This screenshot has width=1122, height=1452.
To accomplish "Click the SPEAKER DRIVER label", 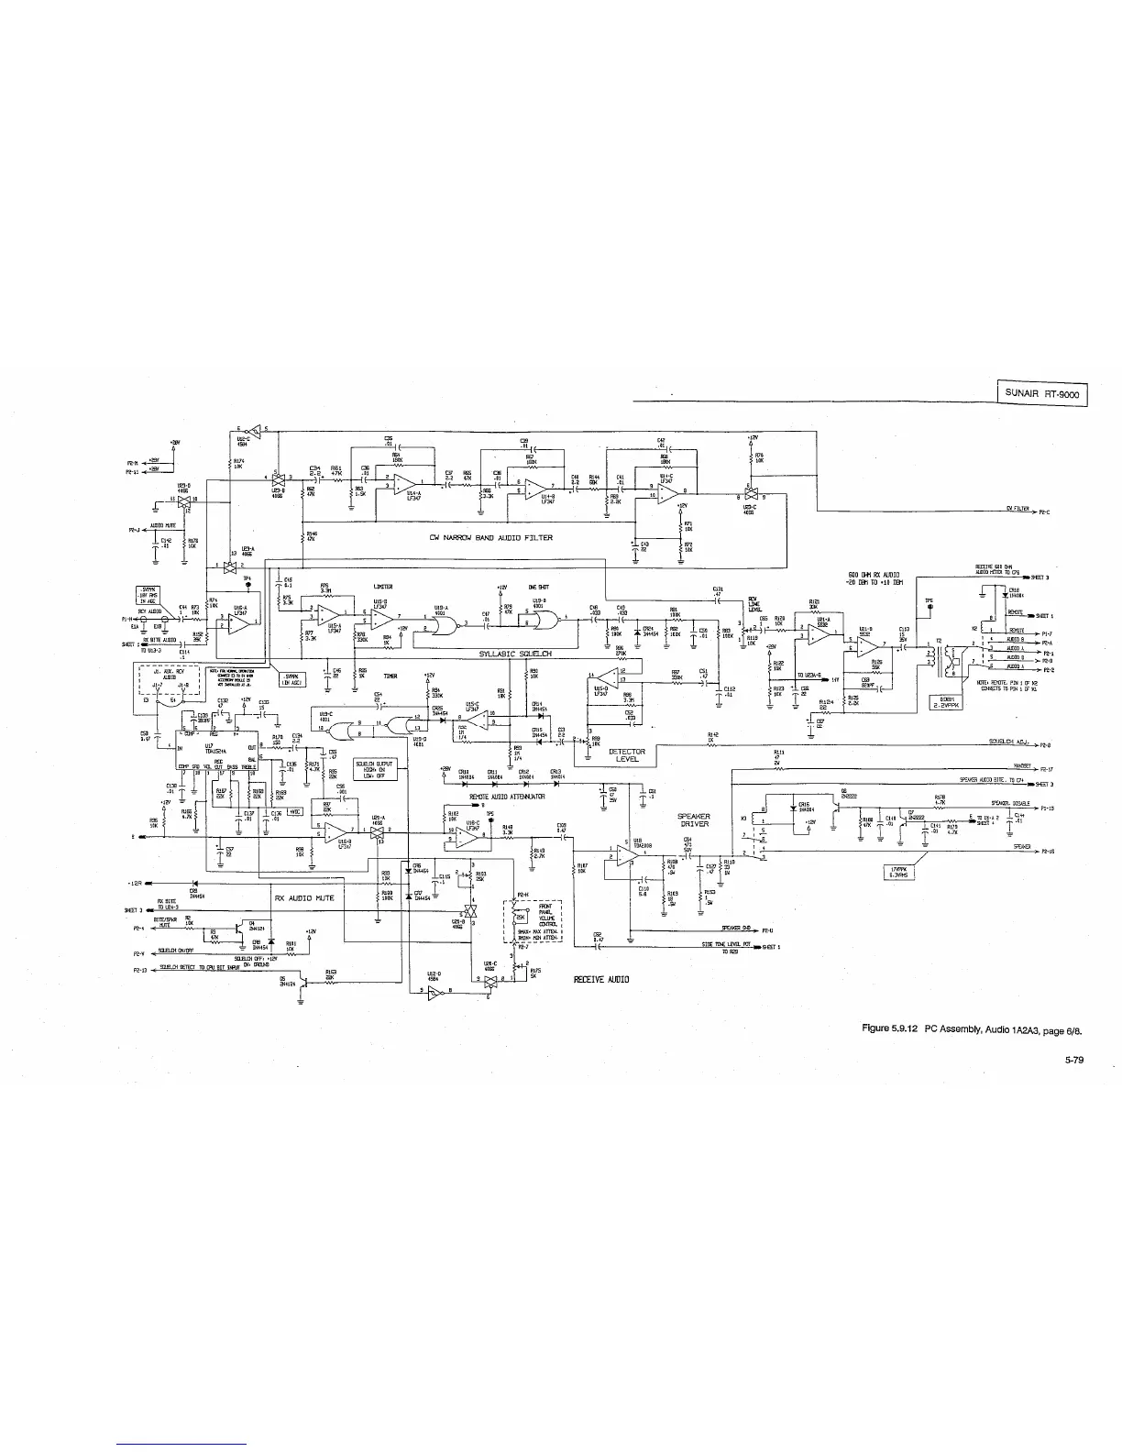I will click(x=693, y=819).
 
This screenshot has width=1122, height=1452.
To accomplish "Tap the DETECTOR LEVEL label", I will click(x=629, y=755).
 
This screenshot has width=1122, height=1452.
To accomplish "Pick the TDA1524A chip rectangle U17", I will click(x=216, y=751).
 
